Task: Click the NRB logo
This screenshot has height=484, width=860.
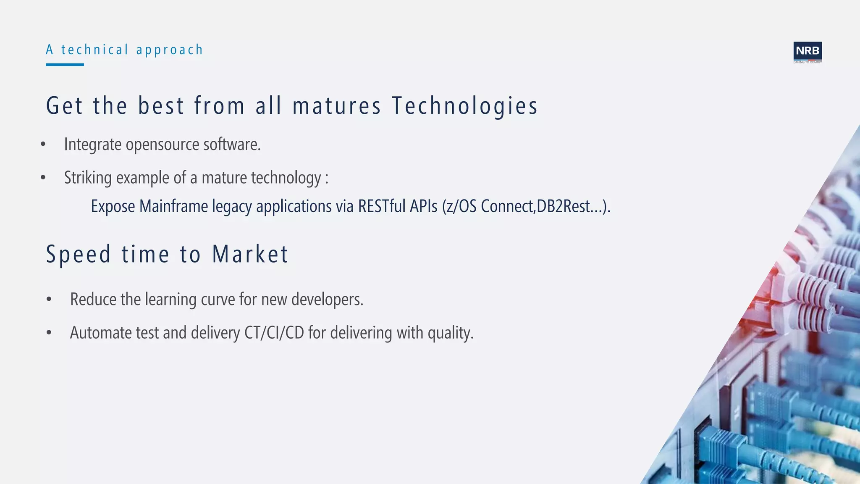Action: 807,52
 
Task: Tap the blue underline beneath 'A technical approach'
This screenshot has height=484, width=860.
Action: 65,65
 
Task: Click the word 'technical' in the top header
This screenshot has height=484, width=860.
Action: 94,50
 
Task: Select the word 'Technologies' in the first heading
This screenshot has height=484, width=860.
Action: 464,105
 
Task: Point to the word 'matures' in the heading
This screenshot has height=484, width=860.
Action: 337,105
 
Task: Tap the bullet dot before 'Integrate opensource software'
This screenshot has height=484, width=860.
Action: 43,145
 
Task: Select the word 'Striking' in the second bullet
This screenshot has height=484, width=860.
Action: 88,178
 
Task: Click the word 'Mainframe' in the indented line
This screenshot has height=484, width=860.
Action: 173,206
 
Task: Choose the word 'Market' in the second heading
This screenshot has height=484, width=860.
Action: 250,254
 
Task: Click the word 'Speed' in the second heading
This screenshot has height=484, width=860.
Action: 79,254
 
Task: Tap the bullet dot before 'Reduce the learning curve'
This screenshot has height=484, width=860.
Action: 49,300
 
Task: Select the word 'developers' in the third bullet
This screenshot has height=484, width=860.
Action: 326,300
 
